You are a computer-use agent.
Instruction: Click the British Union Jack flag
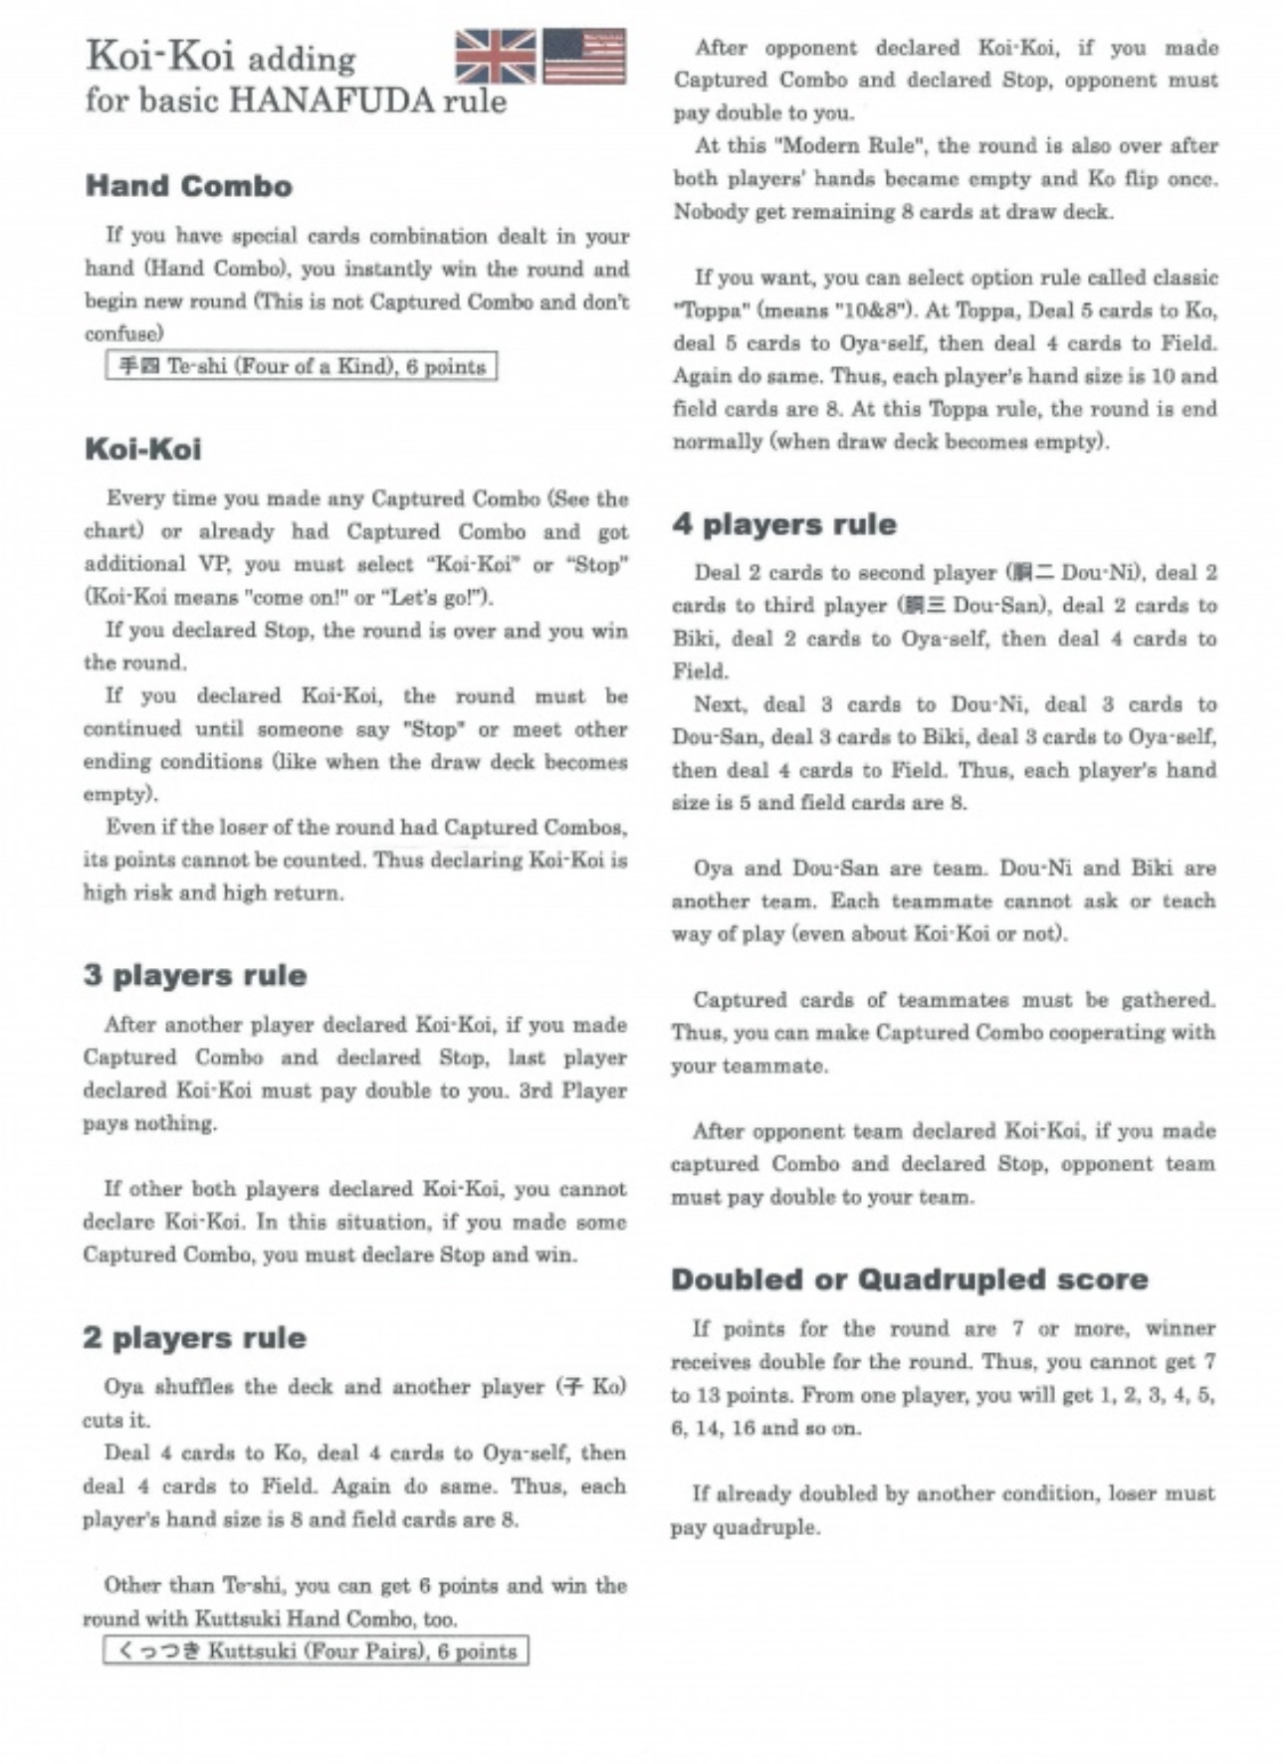495,56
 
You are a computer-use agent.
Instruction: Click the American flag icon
584,56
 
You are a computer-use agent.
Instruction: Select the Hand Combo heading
188,186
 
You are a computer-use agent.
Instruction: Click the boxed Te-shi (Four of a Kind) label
301,366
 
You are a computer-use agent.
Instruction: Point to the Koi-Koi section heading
142,449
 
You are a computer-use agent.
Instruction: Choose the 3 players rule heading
194,975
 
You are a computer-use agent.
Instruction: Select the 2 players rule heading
194,1337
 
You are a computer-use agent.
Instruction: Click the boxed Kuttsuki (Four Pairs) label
315,1651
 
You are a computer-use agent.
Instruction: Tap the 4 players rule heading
783,524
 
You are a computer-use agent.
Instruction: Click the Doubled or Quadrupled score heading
909,1278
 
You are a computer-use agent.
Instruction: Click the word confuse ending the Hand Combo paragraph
123,333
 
